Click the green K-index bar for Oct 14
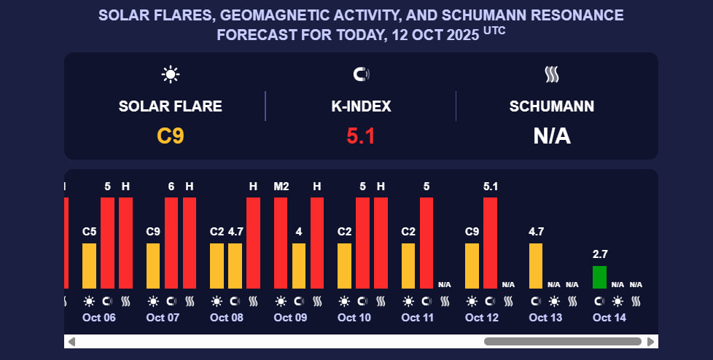point(599,277)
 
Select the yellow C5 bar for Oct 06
point(89,265)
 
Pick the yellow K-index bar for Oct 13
point(536,265)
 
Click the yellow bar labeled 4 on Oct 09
point(299,265)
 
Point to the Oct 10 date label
point(354,318)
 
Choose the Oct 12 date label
point(482,318)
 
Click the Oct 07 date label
point(163,318)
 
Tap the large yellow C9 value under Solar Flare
point(171,136)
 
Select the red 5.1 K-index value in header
point(360,136)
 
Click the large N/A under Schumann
point(552,136)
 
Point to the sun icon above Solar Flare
point(171,74)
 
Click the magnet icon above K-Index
point(361,74)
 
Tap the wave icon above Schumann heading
point(552,74)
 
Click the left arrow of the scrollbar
point(71,341)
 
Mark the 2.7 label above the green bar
point(600,254)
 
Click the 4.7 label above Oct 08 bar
point(235,232)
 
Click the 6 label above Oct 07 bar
point(171,187)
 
